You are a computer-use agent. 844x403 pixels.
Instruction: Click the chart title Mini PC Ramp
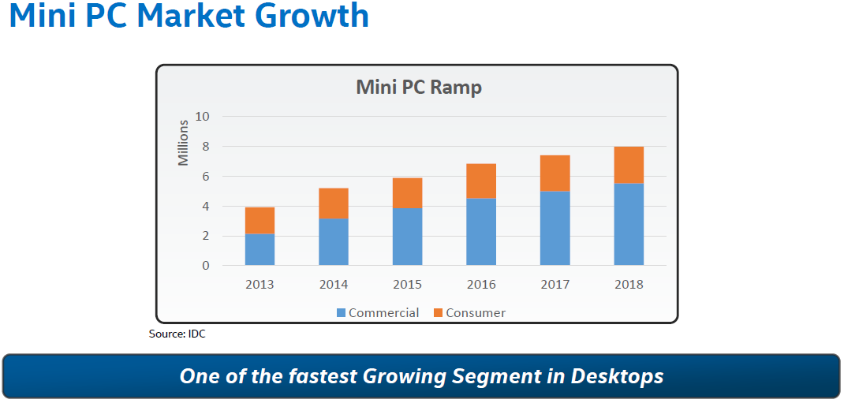pos(418,87)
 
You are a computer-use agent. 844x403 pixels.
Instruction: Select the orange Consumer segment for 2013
pos(260,221)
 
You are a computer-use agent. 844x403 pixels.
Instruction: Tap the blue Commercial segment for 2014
pos(334,242)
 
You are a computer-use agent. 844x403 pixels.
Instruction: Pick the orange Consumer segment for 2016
pos(481,181)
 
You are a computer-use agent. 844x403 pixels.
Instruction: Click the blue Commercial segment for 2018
pos(629,225)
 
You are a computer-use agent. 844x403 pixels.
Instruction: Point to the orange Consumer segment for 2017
pos(555,174)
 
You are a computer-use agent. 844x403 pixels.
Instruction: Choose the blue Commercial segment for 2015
pos(407,237)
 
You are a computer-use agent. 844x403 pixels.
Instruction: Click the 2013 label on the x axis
pos(260,285)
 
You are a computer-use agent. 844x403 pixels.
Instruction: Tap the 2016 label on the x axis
pos(481,285)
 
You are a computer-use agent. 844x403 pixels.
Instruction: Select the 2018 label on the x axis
pos(629,285)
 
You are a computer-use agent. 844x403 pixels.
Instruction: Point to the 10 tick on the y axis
pos(203,117)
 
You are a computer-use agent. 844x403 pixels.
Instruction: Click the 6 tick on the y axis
pos(206,177)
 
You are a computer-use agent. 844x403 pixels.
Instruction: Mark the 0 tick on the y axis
pos(206,266)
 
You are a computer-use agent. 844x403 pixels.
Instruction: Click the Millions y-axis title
pos(183,143)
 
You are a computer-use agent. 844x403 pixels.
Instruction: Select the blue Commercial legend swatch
pos(342,313)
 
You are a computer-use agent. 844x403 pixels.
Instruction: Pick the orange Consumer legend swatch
pos(439,313)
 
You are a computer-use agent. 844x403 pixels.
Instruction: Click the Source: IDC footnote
pos(177,334)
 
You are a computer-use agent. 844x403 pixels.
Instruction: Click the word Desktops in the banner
pos(616,376)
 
